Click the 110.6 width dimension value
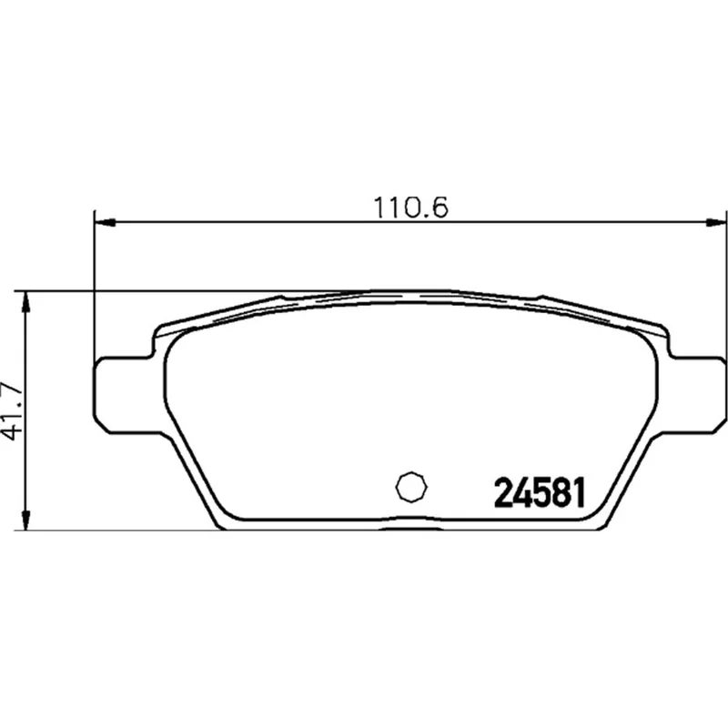(x=411, y=207)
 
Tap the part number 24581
(x=540, y=493)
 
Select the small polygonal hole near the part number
(x=411, y=487)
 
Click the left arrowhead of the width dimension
(x=105, y=222)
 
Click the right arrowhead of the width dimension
(x=715, y=222)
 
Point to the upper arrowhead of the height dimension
(x=26, y=303)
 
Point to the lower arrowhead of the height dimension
(x=26, y=519)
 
